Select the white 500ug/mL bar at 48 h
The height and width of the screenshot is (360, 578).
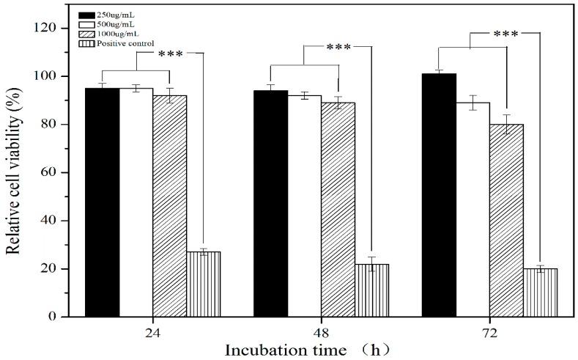click(x=304, y=206)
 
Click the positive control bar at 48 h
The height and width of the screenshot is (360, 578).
click(x=372, y=290)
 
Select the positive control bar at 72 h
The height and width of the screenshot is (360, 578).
click(x=541, y=293)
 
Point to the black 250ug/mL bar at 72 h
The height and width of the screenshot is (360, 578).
click(x=439, y=195)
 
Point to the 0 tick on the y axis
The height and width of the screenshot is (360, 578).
click(x=52, y=317)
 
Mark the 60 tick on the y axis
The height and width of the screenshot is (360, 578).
click(x=48, y=172)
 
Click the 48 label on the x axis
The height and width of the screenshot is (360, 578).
click(x=321, y=332)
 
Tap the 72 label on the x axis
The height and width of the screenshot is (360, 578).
click(x=489, y=332)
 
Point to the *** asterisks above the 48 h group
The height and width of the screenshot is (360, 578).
click(x=338, y=48)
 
